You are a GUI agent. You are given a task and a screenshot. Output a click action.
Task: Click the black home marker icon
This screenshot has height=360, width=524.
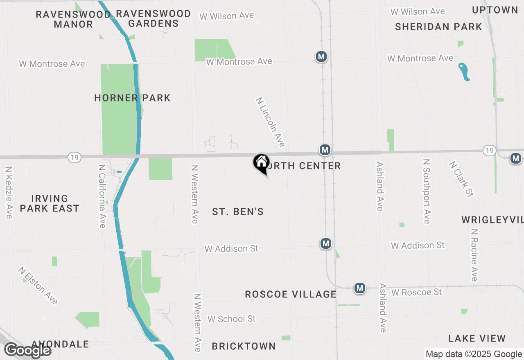[261, 163]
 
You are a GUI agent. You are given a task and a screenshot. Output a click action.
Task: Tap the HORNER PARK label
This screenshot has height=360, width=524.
[132, 98]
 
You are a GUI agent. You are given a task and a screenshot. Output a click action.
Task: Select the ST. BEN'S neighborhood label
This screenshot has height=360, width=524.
[237, 211]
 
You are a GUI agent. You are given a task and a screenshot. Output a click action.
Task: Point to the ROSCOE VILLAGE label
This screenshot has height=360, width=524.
[291, 294]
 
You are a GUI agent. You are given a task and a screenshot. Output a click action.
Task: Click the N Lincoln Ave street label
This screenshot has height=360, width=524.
[270, 122]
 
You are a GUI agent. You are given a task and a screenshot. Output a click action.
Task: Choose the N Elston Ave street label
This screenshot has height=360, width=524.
[38, 286]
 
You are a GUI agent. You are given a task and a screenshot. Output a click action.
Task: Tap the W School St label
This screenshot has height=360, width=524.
[231, 319]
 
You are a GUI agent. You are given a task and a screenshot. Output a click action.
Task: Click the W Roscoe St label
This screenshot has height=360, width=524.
[417, 292]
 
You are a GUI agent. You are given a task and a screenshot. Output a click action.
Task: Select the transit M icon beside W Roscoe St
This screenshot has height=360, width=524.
[360, 288]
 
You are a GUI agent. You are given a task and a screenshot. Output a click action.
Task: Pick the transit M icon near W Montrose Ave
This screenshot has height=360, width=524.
[321, 56]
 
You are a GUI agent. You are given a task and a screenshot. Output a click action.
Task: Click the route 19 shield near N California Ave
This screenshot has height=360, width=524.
[74, 157]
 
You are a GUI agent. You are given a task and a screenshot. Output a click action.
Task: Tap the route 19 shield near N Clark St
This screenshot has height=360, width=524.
[489, 151]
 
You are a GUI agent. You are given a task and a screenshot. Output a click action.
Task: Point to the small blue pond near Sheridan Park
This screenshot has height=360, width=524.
[464, 72]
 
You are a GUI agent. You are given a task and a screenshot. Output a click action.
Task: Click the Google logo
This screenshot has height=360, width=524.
[28, 350]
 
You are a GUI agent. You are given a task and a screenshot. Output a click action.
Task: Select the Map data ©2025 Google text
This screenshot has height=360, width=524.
[474, 354]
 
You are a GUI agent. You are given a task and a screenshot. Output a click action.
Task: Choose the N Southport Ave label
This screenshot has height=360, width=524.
[427, 191]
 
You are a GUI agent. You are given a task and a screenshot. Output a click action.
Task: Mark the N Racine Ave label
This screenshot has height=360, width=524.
[474, 255]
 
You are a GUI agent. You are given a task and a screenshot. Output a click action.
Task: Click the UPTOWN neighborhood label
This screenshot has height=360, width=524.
[495, 10]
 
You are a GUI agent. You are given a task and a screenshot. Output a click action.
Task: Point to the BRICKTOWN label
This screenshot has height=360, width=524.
[244, 346]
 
